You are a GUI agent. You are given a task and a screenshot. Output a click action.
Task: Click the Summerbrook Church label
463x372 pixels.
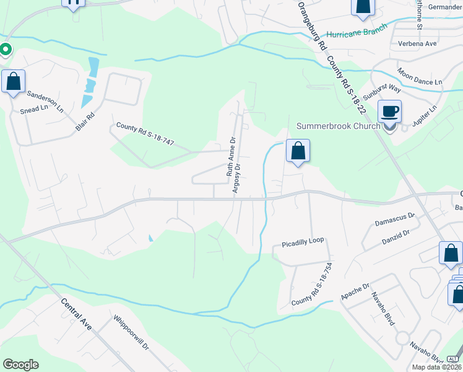338,126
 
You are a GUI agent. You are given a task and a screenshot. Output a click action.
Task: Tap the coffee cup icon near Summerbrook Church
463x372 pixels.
389,112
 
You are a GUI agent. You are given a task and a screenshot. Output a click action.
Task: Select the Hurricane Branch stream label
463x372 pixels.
357,31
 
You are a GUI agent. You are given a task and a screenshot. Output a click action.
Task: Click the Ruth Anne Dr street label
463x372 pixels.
231,157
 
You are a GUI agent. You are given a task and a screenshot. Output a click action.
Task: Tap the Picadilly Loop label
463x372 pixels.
303,240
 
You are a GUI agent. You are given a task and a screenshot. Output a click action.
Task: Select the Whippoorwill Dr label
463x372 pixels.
131,334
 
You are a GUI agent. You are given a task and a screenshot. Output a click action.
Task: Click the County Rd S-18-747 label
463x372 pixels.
145,134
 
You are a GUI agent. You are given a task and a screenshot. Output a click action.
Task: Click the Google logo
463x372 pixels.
20,365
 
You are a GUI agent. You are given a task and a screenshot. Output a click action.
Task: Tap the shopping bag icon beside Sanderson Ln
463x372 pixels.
13,81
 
